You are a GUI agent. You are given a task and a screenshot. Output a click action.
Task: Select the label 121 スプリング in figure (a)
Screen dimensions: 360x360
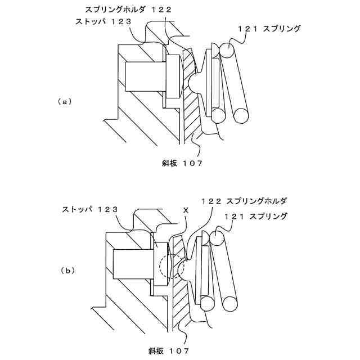point(268,28)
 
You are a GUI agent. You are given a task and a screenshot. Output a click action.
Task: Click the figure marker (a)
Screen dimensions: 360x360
point(65,102)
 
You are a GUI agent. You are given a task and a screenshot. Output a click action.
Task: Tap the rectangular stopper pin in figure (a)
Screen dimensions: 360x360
point(144,76)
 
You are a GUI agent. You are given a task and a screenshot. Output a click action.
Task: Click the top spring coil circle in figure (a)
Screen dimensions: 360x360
point(228,51)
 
